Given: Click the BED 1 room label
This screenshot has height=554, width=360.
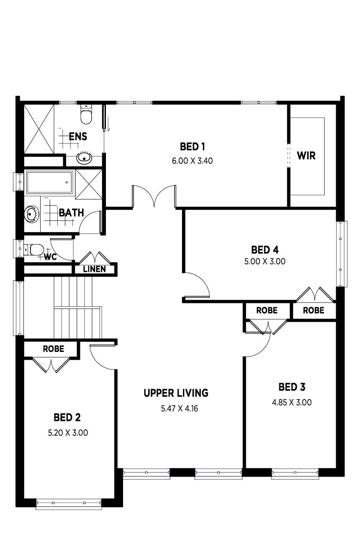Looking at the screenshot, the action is point(192,147).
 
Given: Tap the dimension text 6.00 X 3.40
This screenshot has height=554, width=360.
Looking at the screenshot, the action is point(192,161).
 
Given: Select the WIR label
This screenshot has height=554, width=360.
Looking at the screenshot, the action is point(306,156).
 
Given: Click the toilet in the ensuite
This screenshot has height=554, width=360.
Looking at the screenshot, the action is point(86,114).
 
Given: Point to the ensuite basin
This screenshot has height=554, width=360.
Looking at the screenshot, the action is point(84,157).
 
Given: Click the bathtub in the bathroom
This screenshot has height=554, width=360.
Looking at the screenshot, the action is point(50,182).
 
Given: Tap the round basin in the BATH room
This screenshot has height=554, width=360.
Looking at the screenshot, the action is point(32,214).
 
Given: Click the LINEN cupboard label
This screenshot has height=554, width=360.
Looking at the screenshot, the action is point(95,269).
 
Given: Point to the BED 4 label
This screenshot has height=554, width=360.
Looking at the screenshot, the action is point(265,250).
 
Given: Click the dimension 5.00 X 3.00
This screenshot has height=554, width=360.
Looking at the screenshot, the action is point(265,261).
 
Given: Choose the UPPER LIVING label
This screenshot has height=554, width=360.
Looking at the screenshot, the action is point(176,393).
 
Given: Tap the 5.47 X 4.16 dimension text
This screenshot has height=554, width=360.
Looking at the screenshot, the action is point(180,408).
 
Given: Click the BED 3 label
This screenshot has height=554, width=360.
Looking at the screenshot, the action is point(292,387).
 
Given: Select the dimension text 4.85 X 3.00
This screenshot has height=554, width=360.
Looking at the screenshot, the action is point(292,403).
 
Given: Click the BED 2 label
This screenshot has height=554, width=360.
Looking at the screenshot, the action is point(67,418).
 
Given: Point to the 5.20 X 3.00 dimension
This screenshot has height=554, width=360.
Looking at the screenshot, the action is point(68,433).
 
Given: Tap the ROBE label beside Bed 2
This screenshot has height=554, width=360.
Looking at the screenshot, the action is point(54,349).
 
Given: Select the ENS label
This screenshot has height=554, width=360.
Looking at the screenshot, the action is point(78,136).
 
